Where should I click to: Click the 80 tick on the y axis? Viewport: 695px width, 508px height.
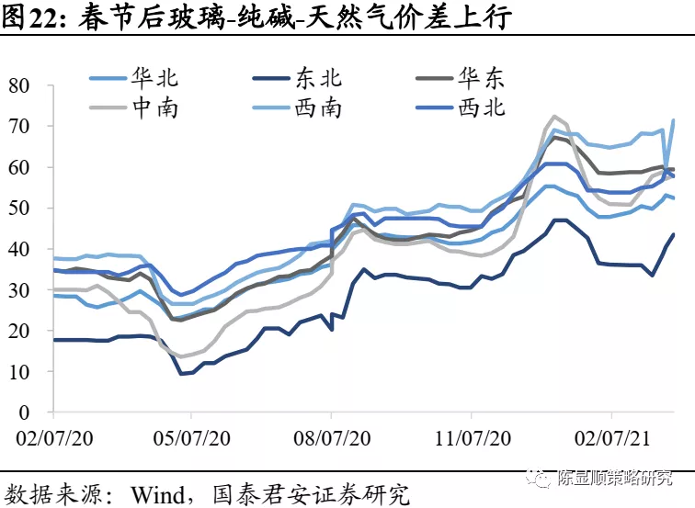19,85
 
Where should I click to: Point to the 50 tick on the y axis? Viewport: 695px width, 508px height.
19,209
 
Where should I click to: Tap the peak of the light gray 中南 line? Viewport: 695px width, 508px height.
554,117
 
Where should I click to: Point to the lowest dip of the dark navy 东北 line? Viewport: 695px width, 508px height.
182,373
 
